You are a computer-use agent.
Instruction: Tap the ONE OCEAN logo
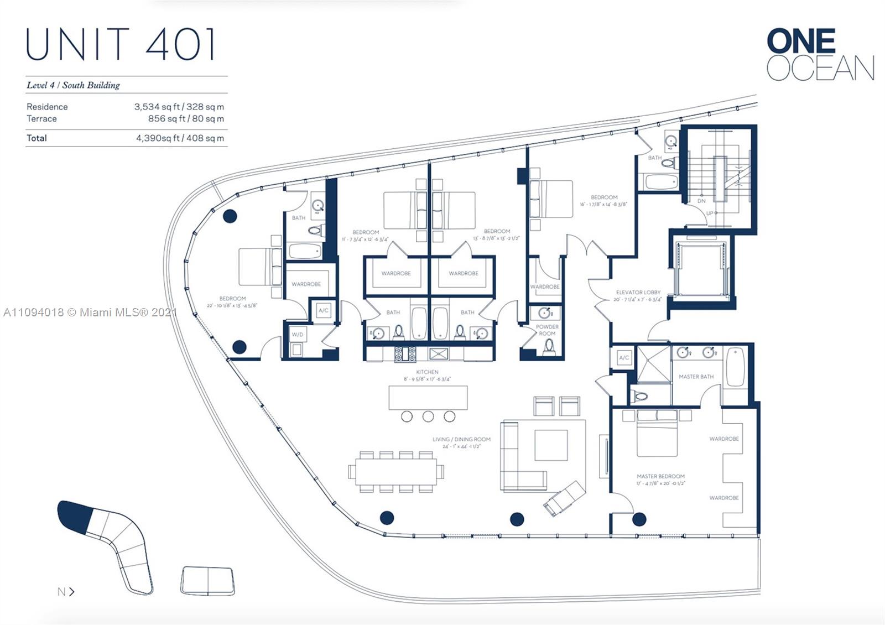tap(820, 55)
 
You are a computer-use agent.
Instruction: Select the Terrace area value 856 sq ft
tap(186, 118)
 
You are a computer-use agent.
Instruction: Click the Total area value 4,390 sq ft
tap(180, 138)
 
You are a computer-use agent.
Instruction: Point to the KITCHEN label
tap(427, 372)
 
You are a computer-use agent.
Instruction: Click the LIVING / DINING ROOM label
tap(461, 440)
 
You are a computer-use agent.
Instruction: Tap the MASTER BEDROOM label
tap(660, 476)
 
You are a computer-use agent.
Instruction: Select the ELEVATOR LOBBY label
tap(638, 292)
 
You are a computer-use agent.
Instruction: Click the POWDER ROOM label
tap(546, 330)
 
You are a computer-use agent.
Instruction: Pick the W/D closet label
tap(298, 335)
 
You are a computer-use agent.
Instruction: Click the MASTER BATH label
tap(696, 377)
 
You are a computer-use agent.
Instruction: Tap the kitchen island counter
tap(428, 398)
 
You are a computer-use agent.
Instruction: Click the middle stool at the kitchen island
tap(428, 416)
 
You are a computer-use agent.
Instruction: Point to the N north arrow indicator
tap(65, 592)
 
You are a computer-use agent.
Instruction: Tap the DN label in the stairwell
tap(701, 201)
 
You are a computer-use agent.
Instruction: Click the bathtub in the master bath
tap(735, 367)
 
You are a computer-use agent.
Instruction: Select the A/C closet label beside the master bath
tap(624, 357)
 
